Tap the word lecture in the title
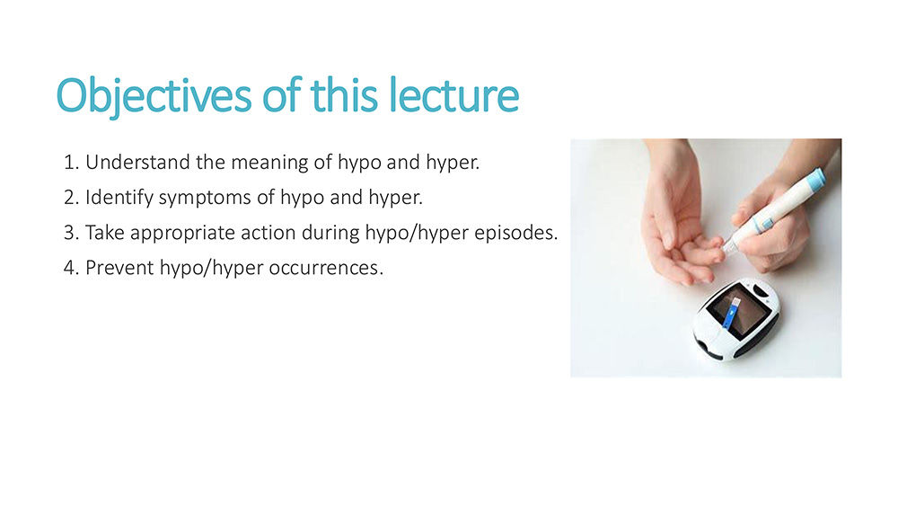click(453, 94)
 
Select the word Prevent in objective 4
click(119, 268)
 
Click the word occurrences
click(326, 268)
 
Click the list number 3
click(71, 234)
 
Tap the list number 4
click(71, 268)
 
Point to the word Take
click(105, 233)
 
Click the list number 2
click(71, 198)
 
